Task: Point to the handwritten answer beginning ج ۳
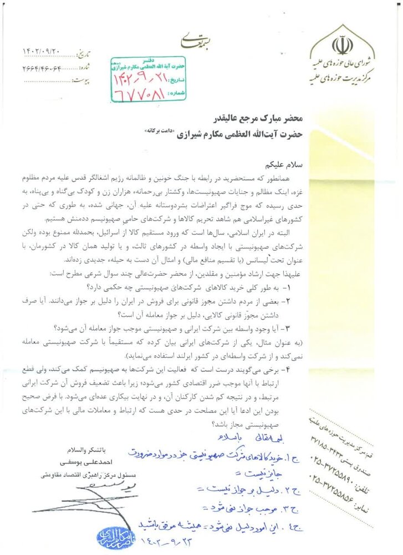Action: point(255,506)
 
